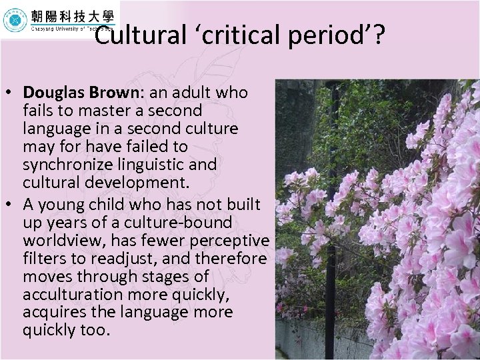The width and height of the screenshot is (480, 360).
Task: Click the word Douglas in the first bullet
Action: point(51,92)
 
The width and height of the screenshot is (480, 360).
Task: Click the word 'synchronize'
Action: point(63,164)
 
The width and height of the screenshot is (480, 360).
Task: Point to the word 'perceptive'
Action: point(233,240)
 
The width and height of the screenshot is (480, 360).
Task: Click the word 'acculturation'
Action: point(71,294)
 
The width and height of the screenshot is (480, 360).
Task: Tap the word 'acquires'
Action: point(51,312)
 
